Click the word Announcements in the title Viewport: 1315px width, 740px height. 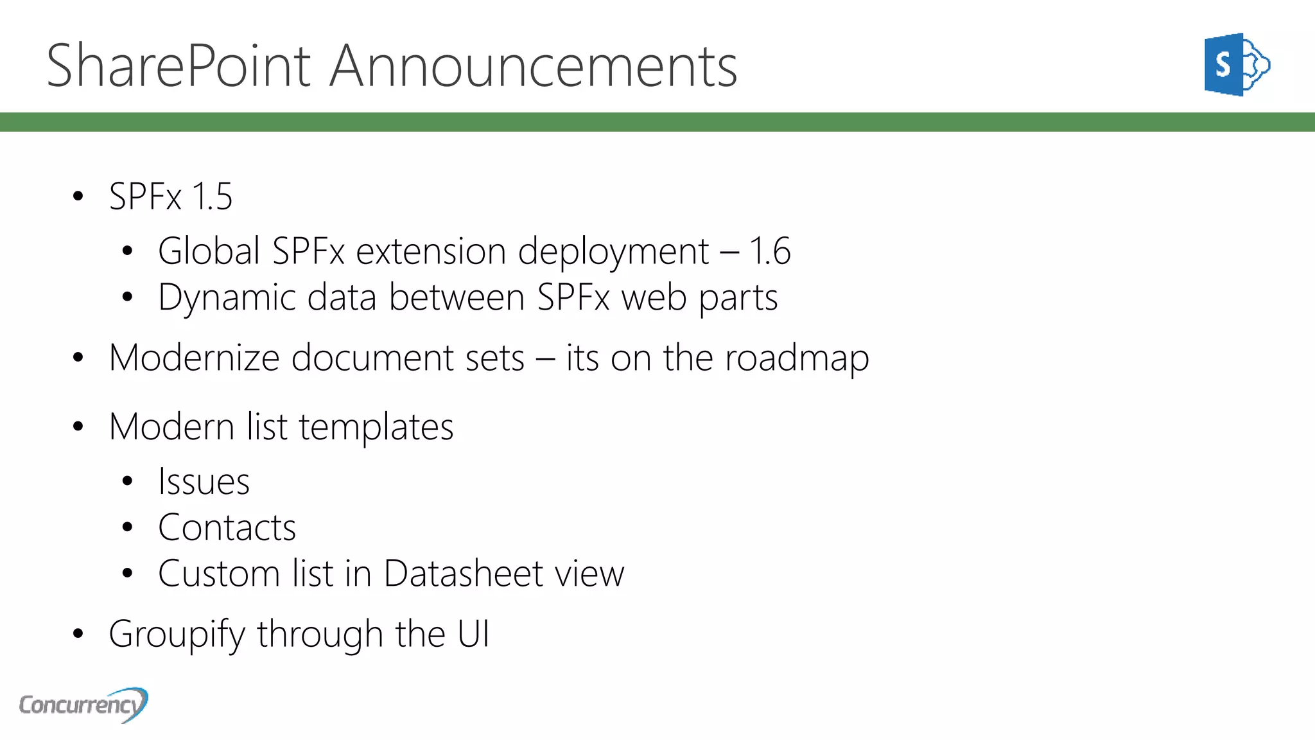(x=533, y=66)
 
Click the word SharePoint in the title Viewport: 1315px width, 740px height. (x=179, y=66)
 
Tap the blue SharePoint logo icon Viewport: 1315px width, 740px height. (x=1236, y=64)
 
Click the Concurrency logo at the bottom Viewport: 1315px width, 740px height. (x=83, y=705)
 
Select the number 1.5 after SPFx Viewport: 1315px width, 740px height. (x=212, y=197)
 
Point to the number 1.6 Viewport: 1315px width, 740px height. (x=769, y=251)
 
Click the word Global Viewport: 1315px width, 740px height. (x=209, y=251)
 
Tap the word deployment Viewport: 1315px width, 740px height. (x=613, y=252)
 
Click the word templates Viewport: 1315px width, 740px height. (x=376, y=427)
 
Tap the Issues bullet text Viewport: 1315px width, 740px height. (x=204, y=482)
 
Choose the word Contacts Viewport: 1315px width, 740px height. (x=227, y=528)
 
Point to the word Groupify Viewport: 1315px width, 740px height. (x=177, y=635)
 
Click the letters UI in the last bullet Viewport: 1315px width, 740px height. (x=473, y=634)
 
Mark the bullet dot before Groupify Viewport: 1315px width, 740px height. (x=78, y=634)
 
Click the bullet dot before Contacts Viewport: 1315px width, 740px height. (x=127, y=528)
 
